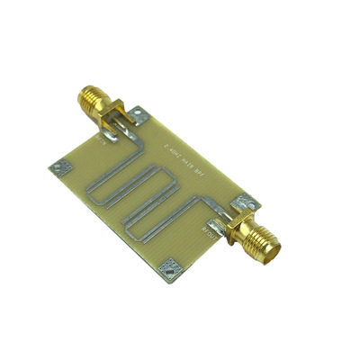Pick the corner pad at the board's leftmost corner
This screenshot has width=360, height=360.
pyautogui.click(x=62, y=166)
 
